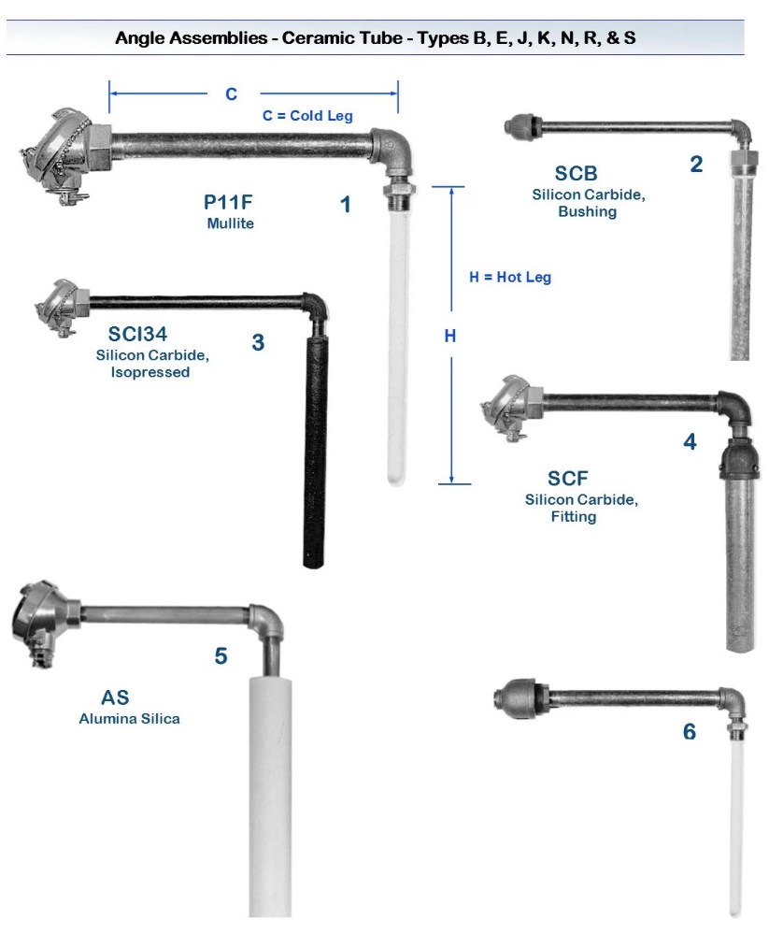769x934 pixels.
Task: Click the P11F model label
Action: (228, 202)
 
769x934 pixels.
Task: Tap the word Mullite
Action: (231, 223)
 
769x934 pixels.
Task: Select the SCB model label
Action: (576, 173)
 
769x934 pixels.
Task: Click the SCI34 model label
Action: (137, 334)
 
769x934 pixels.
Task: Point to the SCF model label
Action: (568, 479)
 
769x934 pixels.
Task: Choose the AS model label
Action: (115, 697)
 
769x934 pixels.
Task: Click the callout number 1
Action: (345, 205)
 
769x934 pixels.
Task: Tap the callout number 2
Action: (696, 165)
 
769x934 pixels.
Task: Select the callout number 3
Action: (258, 342)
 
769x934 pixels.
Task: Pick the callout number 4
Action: (690, 442)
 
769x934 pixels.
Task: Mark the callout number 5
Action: (221, 656)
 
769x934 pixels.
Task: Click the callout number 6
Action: (690, 731)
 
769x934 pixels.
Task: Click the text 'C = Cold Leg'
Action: (307, 116)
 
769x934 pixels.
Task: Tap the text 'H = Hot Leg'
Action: (510, 277)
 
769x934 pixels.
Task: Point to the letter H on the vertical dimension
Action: (450, 336)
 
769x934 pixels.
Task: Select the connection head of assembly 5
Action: (43, 622)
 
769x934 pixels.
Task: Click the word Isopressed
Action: (150, 372)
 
